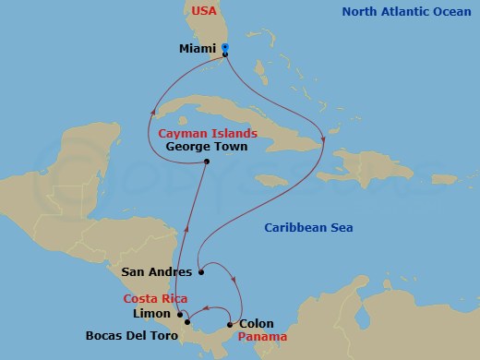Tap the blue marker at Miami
pyautogui.click(x=226, y=48)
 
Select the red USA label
pyautogui.click(x=207, y=11)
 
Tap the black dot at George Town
pyautogui.click(x=207, y=162)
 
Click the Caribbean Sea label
pyautogui.click(x=308, y=228)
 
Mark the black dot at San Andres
pyautogui.click(x=200, y=272)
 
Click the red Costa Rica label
pyautogui.click(x=156, y=298)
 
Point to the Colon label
pyautogui.click(x=257, y=324)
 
